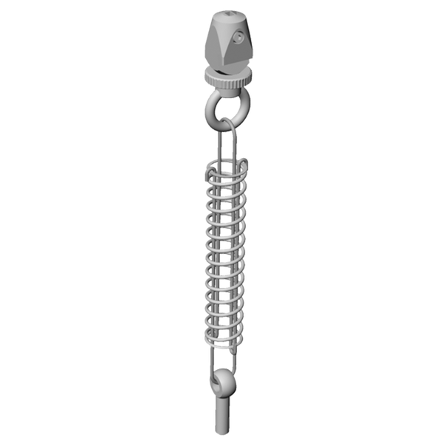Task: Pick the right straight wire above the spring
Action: point(236,148)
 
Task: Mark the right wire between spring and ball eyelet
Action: point(233,358)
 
